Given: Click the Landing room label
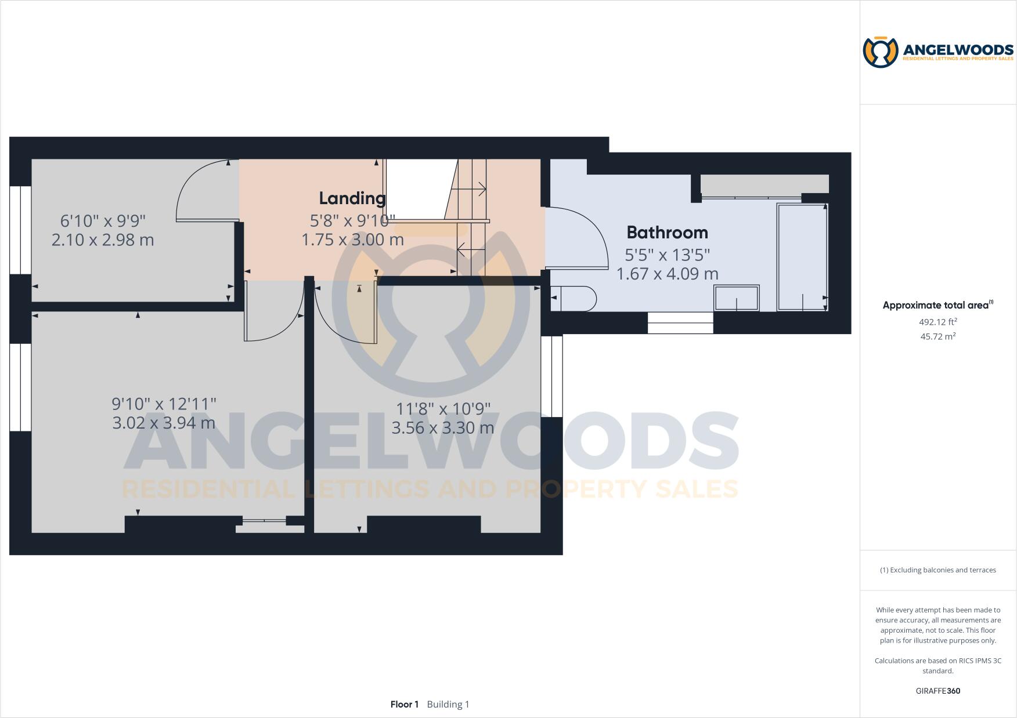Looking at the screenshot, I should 352,198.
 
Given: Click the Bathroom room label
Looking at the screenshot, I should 667,233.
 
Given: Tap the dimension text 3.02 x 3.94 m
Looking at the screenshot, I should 164,423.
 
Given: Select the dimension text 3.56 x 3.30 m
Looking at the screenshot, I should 442,428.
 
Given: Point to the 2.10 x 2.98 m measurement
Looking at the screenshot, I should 103,240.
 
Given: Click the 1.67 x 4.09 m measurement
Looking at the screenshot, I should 667,274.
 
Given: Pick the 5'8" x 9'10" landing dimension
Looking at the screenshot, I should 352,220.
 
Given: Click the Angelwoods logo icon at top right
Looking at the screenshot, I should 880,52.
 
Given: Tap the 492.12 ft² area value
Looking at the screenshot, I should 937,322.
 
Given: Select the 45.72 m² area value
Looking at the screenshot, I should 937,336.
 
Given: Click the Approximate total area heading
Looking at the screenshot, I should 937,305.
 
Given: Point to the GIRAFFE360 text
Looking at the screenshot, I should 937,691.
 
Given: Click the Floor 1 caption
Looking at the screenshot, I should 404,705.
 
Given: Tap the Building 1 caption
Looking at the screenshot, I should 448,705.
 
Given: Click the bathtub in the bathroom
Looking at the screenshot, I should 802,256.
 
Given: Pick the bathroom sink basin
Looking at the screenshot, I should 736,298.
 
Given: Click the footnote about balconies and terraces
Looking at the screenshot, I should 937,570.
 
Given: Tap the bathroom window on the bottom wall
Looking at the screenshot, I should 680,323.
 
